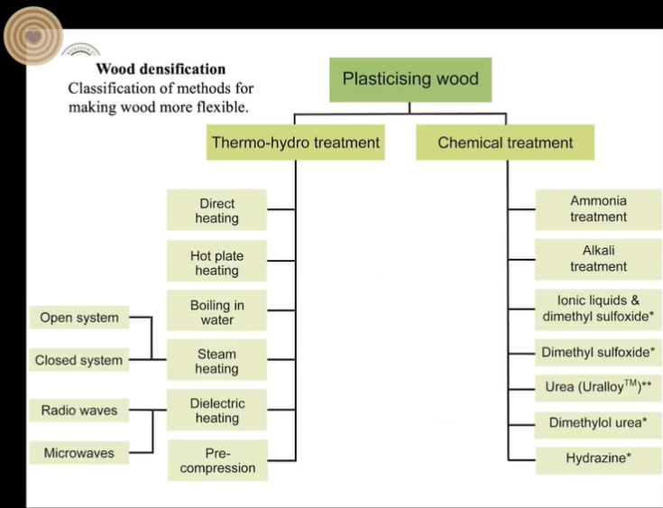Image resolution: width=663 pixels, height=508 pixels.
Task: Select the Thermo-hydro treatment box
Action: pyautogui.click(x=295, y=143)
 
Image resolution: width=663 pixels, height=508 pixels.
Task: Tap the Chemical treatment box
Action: pyautogui.click(x=505, y=143)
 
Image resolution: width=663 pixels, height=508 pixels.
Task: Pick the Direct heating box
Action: pyautogui.click(x=217, y=210)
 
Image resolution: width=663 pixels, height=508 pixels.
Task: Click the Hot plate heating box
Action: pyautogui.click(x=217, y=263)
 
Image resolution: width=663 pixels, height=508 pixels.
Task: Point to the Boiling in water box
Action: pyautogui.click(x=217, y=312)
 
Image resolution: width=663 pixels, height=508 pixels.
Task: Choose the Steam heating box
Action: pyautogui.click(x=217, y=361)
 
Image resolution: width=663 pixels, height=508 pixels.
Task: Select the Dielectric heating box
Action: pyautogui.click(x=217, y=411)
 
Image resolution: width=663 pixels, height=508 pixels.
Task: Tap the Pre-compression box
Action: pyautogui.click(x=217, y=460)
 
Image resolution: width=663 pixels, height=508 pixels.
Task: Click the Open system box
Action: pyautogui.click(x=78, y=318)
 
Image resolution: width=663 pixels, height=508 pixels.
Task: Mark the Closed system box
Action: pyautogui.click(x=78, y=360)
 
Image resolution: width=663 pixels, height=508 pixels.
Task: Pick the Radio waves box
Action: pyautogui.click(x=78, y=411)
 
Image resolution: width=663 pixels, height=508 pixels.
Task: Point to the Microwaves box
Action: pyautogui.click(x=78, y=453)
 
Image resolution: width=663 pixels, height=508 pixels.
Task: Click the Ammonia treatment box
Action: pyautogui.click(x=598, y=209)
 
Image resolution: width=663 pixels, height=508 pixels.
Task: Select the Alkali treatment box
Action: pyautogui.click(x=598, y=259)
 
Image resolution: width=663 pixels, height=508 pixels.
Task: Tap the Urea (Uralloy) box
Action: pyautogui.click(x=598, y=386)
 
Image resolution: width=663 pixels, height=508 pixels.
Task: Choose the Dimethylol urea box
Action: pyautogui.click(x=598, y=422)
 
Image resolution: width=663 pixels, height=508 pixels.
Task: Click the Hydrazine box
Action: pyautogui.click(x=598, y=458)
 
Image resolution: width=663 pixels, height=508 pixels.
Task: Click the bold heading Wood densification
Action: pyautogui.click(x=161, y=69)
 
